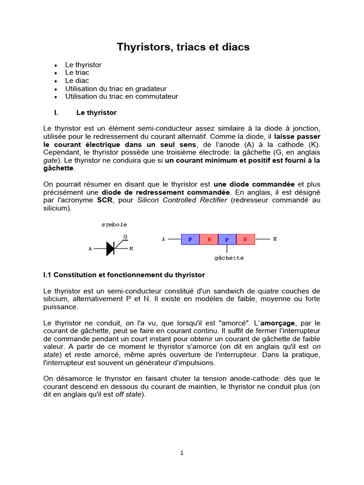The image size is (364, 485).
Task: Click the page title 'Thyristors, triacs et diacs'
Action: [x=183, y=47]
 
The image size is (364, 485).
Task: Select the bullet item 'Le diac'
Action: [x=77, y=81]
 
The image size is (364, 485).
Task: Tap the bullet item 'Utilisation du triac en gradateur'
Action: [x=116, y=89]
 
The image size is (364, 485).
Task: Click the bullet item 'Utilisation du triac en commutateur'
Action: [x=121, y=97]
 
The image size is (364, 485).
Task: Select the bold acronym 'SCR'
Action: [x=104, y=200]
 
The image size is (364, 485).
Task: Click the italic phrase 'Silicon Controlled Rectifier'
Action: [x=182, y=200]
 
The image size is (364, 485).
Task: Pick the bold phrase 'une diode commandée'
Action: [x=255, y=184]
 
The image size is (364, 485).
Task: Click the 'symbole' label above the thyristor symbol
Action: [x=114, y=225]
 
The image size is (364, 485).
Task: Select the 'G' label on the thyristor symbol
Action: [x=126, y=236]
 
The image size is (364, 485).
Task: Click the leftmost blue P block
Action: [x=190, y=240]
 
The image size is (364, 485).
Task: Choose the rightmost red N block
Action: [x=245, y=240]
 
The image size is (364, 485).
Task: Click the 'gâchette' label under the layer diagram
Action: [x=229, y=258]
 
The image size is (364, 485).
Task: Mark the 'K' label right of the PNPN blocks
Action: [x=275, y=239]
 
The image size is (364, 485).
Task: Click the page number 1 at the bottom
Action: [x=182, y=453]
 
